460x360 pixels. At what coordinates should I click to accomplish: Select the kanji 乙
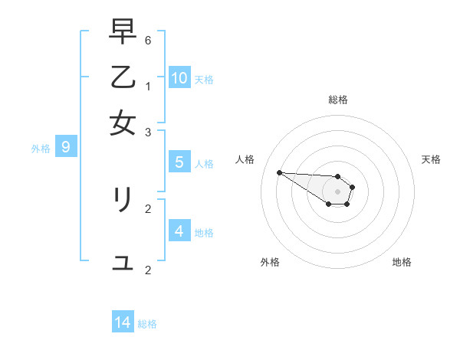point(123,77)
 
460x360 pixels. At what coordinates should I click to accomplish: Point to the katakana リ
point(123,200)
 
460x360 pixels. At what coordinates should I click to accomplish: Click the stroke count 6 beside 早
point(148,39)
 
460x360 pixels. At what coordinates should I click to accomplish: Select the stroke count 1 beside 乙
point(148,86)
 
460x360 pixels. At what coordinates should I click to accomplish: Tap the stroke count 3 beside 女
point(148,132)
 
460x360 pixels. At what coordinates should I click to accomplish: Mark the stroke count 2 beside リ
point(148,208)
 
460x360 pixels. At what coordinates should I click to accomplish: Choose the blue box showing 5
point(179,162)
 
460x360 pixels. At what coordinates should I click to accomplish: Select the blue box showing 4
point(179,231)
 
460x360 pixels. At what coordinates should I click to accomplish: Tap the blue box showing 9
point(66,146)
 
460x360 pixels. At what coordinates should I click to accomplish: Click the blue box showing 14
point(123,322)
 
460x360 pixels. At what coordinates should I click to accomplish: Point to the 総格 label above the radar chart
point(338,100)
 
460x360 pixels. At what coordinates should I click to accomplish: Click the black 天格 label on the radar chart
point(431,159)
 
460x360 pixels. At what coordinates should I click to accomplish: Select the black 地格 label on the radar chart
point(402,262)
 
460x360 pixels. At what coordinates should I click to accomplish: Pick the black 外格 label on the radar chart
point(270,262)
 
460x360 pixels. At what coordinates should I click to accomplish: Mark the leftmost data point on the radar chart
point(279,172)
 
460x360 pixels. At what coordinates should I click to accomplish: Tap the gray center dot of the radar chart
point(337,191)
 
